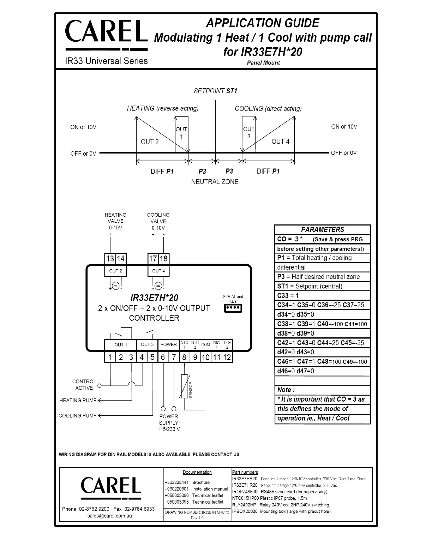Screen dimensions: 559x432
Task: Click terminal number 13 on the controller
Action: pos(110,259)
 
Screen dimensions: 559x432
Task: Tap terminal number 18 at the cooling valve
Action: pos(163,259)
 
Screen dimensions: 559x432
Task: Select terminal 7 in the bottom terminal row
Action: pos(174,357)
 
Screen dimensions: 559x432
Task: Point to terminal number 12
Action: pos(227,357)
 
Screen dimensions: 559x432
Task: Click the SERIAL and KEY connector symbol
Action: pos(233,308)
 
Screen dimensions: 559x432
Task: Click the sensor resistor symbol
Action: pos(184,386)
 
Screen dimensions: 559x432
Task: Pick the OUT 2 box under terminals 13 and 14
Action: pos(115,271)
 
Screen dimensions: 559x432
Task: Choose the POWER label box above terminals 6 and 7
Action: pos(168,344)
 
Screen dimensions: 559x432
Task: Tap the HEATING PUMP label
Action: pos(78,400)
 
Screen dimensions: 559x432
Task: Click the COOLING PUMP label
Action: pos(77,415)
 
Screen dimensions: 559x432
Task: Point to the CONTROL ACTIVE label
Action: pos(84,385)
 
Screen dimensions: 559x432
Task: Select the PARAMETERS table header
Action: pos(322,229)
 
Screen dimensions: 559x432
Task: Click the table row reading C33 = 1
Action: pos(322,295)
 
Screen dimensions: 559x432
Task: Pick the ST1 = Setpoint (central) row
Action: pos(322,286)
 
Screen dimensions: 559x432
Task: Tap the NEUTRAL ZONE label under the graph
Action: pos(215,182)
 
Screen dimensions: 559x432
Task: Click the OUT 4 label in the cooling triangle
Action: pos(280,142)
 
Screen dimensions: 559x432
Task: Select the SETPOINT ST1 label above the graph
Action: pos(215,91)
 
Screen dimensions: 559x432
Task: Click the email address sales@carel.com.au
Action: pos(109,516)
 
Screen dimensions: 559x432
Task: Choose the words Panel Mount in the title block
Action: pos(263,63)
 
